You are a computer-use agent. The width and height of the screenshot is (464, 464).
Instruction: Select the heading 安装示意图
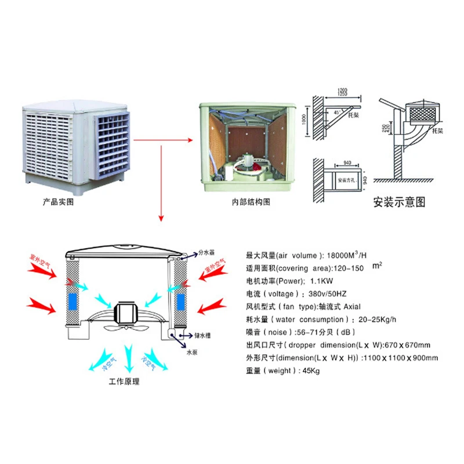[x=400, y=202]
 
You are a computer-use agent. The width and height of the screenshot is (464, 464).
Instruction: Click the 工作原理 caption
[x=124, y=382]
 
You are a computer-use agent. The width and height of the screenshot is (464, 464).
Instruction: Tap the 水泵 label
[x=192, y=352]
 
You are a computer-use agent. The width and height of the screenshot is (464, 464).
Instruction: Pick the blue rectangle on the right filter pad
[x=180, y=302]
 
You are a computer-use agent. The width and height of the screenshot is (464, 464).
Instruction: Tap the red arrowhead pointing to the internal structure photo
[x=193, y=140]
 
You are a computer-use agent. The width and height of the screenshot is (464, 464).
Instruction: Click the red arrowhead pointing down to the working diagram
[x=162, y=218]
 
